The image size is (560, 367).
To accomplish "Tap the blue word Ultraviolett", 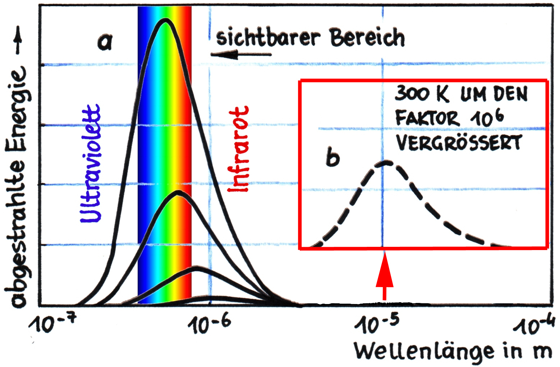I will [x=90, y=164].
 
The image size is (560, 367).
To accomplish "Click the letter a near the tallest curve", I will [x=105, y=42].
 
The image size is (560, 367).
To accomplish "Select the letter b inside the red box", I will [x=332, y=157].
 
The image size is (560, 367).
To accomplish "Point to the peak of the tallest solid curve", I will [x=165, y=20].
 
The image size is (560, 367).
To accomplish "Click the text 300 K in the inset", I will [x=421, y=94].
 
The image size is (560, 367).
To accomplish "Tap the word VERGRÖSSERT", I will [x=459, y=142].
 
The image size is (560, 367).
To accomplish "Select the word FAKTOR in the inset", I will [x=427, y=118].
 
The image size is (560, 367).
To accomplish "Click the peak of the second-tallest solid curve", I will [x=178, y=192].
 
